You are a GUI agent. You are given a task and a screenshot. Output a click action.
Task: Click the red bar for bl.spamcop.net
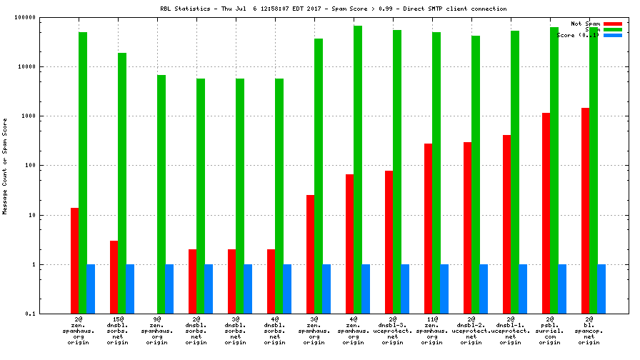click(x=586, y=211)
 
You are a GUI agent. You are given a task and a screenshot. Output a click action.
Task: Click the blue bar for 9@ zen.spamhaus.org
click(x=169, y=289)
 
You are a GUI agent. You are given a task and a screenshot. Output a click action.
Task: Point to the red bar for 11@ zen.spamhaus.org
click(x=429, y=229)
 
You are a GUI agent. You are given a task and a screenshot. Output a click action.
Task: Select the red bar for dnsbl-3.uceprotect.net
click(x=389, y=242)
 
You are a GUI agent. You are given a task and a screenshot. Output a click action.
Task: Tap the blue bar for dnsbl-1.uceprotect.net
click(x=523, y=289)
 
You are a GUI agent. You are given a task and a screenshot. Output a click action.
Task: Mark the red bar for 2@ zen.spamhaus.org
click(x=75, y=261)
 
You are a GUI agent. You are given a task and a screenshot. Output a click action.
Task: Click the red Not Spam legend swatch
click(x=612, y=24)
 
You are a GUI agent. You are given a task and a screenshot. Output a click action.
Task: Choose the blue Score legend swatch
click(x=612, y=35)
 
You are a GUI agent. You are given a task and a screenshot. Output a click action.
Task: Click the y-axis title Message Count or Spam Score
click(x=5, y=166)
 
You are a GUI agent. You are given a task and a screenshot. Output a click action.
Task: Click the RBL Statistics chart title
click(x=334, y=9)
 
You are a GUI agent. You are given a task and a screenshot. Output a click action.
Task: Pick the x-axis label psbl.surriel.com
click(x=549, y=333)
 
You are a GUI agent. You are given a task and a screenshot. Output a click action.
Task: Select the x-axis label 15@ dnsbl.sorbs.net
click(x=118, y=333)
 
